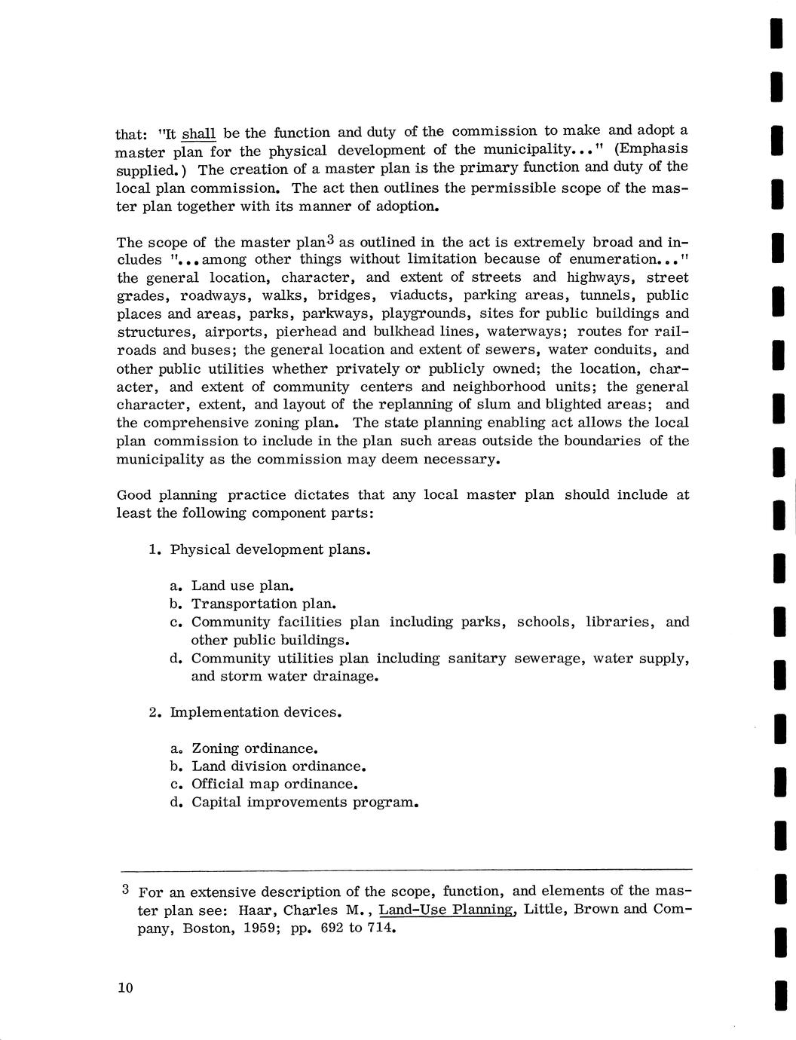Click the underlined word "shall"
199,134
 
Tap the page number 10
125,988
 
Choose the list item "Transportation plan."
264,604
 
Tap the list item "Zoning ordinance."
255,748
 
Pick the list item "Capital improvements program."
305,802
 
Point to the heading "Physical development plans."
271,549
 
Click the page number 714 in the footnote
381,928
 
